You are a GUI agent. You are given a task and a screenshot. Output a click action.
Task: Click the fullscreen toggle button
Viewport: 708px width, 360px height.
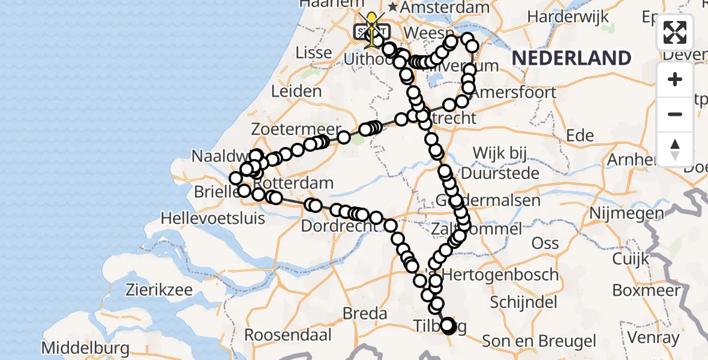(675, 32)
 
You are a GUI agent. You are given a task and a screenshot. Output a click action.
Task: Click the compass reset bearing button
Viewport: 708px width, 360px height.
(675, 148)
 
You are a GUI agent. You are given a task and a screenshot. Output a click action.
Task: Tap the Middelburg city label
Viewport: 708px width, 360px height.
(85, 348)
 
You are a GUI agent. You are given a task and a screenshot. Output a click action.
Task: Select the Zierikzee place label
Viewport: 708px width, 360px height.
(159, 290)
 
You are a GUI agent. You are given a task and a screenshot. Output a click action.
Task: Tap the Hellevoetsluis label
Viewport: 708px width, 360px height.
(213, 218)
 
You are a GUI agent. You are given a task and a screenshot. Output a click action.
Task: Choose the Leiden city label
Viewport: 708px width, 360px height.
(296, 92)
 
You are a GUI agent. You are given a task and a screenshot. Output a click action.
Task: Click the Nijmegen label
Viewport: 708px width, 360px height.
(626, 213)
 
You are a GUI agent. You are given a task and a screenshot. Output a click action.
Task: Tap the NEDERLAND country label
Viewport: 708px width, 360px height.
(571, 58)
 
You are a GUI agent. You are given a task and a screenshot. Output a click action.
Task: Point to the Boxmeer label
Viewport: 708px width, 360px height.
(645, 291)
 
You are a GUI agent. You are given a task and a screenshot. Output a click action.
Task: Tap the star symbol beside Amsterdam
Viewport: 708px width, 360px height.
(393, 7)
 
